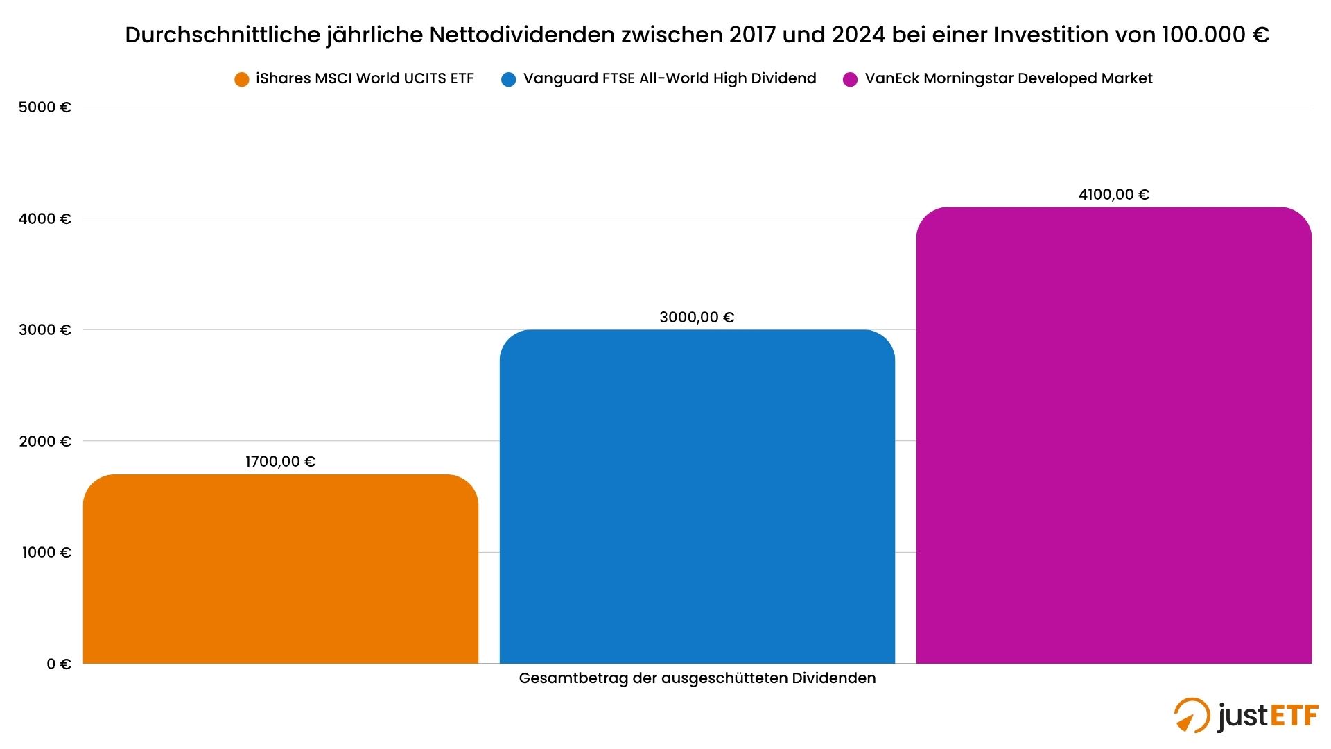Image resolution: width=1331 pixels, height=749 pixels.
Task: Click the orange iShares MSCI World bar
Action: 281,569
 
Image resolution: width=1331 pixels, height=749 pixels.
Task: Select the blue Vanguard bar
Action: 697,497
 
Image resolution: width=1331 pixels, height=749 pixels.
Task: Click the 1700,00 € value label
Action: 281,462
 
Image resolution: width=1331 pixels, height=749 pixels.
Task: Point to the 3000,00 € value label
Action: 697,318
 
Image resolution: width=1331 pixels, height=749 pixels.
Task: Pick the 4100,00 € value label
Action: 1113,195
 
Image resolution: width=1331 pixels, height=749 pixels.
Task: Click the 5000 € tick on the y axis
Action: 45,107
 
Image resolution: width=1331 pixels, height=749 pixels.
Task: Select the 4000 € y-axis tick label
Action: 45,219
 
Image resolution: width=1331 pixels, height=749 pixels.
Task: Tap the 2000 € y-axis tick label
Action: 45,442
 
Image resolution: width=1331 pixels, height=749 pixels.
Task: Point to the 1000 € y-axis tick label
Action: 46,553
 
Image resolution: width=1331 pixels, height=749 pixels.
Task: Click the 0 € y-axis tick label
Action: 59,664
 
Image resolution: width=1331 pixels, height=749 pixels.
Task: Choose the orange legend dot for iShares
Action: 241,80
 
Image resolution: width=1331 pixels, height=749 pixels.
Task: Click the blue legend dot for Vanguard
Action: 508,80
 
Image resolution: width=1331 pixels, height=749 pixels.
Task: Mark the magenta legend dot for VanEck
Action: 850,80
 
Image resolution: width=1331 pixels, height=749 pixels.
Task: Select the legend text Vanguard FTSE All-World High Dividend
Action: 670,78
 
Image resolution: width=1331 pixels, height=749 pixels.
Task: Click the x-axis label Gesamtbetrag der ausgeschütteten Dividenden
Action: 697,678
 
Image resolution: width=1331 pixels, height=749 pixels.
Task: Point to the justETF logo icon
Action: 1192,715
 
